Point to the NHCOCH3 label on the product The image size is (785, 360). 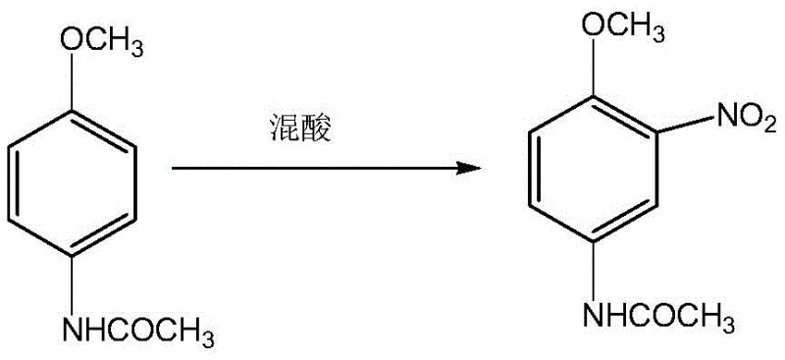coord(658,316)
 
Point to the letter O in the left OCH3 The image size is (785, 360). coord(70,39)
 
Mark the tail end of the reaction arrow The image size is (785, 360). coord(174,168)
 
